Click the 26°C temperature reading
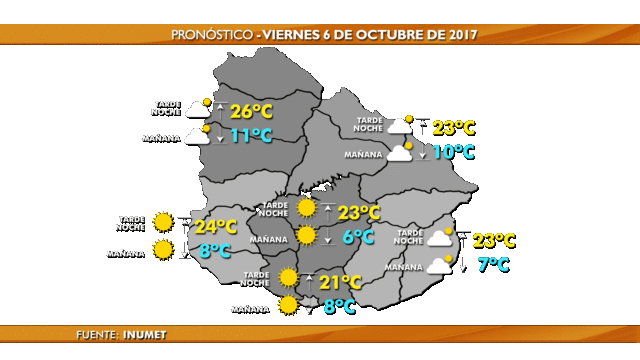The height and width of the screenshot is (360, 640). pos(251,111)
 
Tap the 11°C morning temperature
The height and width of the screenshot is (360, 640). pos(251,135)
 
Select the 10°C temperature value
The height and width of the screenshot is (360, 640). pos(453,152)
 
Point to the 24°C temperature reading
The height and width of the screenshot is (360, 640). pos(215,227)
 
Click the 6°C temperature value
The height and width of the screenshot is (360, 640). pos(357,237)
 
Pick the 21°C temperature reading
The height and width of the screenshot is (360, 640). pos(340,283)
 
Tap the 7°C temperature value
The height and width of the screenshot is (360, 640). pos(493,265)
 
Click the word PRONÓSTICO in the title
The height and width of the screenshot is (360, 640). pos(212,34)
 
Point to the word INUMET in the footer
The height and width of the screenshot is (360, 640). pos(145,334)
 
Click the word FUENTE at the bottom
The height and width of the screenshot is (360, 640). pos(96,334)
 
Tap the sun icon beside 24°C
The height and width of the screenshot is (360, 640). pos(163,222)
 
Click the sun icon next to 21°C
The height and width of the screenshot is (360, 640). pos(289,277)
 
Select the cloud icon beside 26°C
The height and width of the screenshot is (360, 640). pos(197,108)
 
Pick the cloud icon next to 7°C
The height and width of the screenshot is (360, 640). pos(440,266)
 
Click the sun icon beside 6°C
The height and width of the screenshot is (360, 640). pos(307,235)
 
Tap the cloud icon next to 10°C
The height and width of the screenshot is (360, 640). pos(400,153)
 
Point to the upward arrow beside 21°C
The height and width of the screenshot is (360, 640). pos(309,281)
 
